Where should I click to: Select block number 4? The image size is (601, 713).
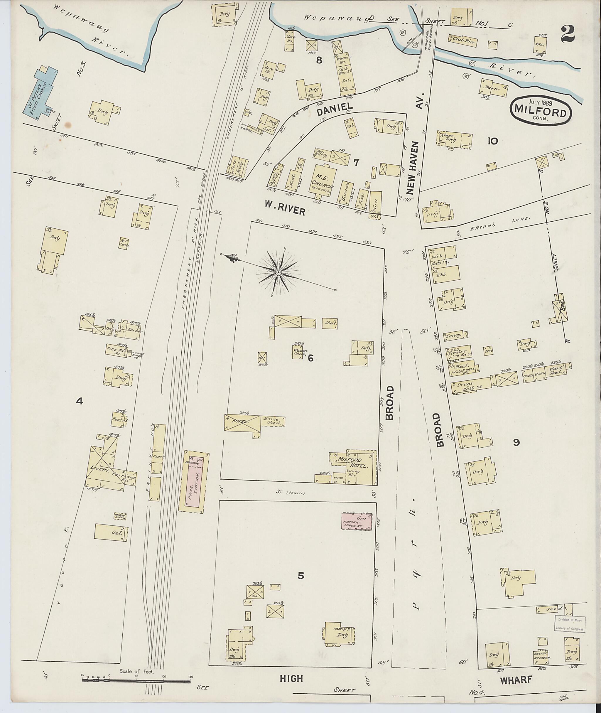tap(80, 402)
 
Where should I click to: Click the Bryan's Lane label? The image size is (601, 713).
tap(501, 223)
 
